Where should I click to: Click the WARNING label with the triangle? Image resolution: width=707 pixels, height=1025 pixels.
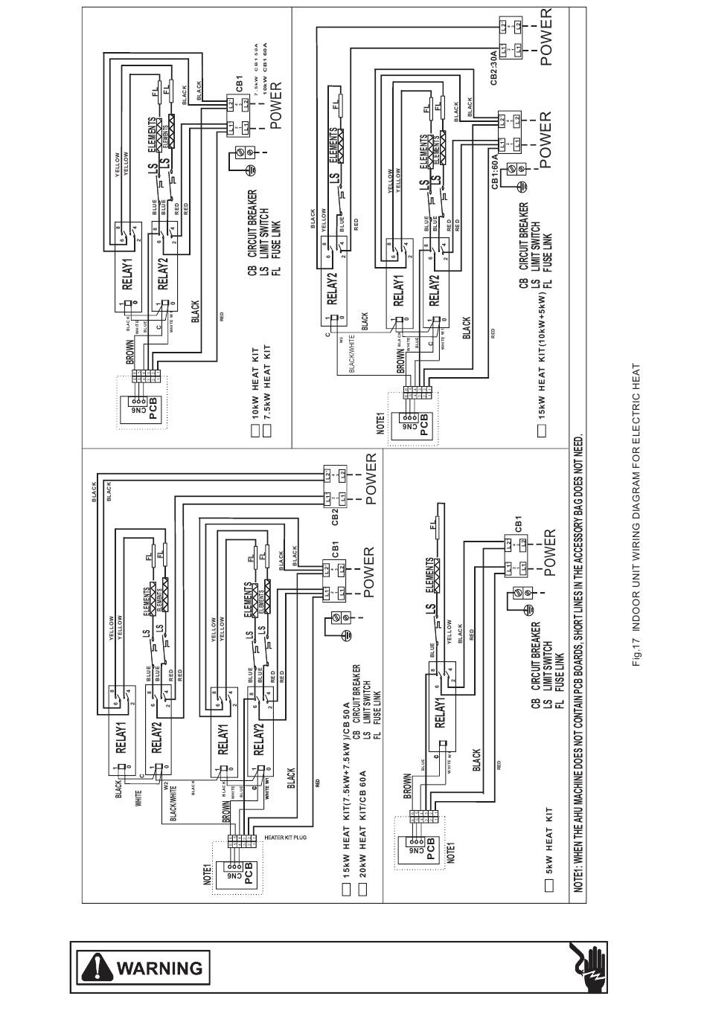click(141, 968)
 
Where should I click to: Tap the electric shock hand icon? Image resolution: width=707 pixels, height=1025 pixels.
click(589, 968)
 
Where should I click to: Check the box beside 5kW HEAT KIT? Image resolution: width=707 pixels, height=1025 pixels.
click(549, 884)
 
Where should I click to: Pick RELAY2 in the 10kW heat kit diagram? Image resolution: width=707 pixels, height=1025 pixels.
click(163, 273)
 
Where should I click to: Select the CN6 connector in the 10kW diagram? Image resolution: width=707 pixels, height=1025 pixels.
click(136, 408)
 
